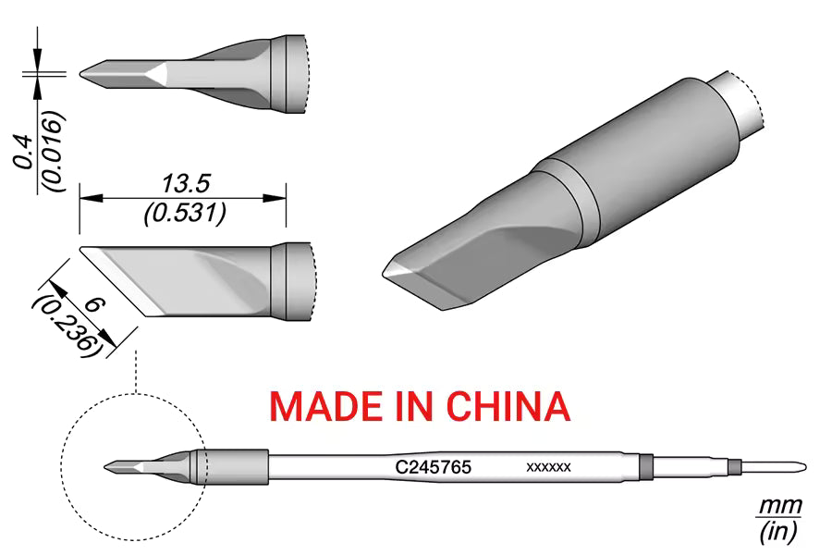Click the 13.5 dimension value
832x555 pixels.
[x=186, y=184]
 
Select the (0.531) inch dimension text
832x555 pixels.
[x=185, y=213]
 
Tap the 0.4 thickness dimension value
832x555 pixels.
[x=24, y=153]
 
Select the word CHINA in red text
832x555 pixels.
[x=508, y=406]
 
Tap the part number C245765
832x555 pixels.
[x=433, y=467]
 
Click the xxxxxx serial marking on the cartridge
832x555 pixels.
[x=548, y=467]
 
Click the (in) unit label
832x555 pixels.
[x=779, y=531]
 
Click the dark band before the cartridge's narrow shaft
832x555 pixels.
[x=646, y=467]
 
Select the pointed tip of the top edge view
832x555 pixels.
[x=81, y=74]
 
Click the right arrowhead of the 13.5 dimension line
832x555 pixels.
[x=275, y=198]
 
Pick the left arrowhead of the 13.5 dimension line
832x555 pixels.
[x=91, y=198]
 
